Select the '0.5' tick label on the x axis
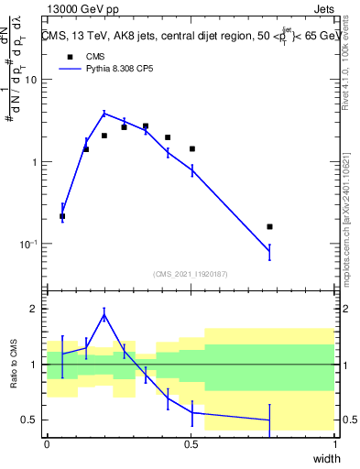coord(191,444)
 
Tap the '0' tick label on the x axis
coord(48,444)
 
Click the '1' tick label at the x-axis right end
coord(335,444)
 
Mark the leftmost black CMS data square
coord(62,216)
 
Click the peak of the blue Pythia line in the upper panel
coord(104,113)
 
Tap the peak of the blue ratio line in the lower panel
coord(104,314)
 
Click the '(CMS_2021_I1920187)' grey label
coord(191,273)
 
